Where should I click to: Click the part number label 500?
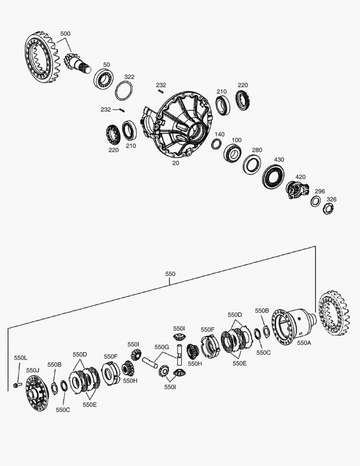tap(66, 34)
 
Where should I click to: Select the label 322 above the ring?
tap(129, 77)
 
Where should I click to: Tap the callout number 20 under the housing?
tap(175, 163)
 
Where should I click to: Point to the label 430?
tap(279, 160)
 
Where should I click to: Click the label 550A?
tap(304, 343)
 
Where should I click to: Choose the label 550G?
tap(162, 347)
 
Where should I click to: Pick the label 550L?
tap(21, 358)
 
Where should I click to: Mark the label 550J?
tap(33, 370)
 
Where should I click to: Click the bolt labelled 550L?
tap(18, 385)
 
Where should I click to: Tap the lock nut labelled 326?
tap(328, 209)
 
